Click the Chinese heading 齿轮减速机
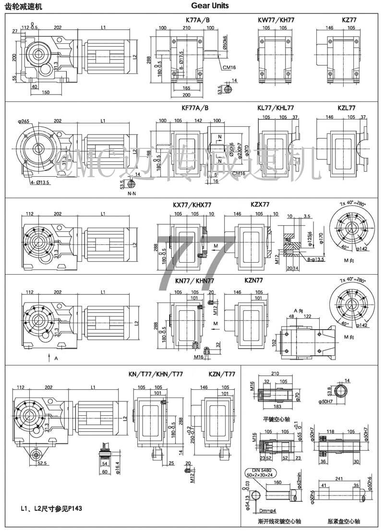23,6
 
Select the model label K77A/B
197,20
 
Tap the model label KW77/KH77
276,20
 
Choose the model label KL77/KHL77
276,108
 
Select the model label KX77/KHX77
192,205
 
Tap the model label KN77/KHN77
194,281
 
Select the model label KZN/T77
222,374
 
